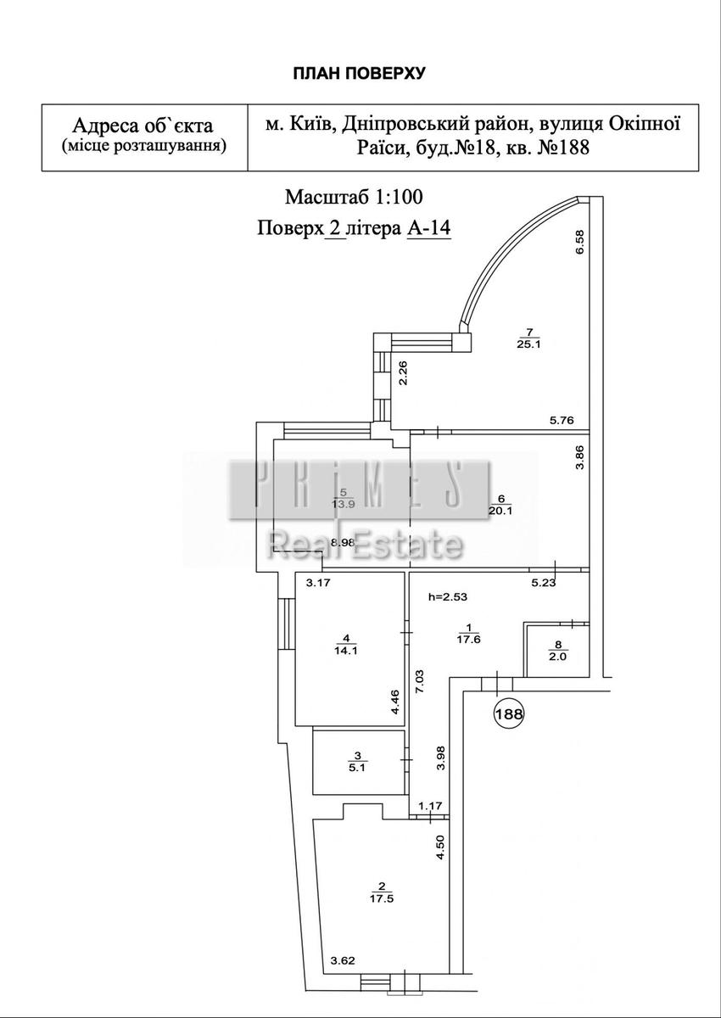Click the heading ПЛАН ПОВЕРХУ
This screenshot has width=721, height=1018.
[359, 73]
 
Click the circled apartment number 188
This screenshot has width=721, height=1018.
[509, 714]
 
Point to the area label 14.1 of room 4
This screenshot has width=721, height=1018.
[346, 652]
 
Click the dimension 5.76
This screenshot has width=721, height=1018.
[562, 420]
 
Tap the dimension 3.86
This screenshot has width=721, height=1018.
[581, 470]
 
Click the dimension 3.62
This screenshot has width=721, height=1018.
[343, 961]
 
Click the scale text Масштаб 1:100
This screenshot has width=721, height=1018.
[354, 197]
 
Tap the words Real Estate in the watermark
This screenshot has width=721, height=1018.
[365, 545]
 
